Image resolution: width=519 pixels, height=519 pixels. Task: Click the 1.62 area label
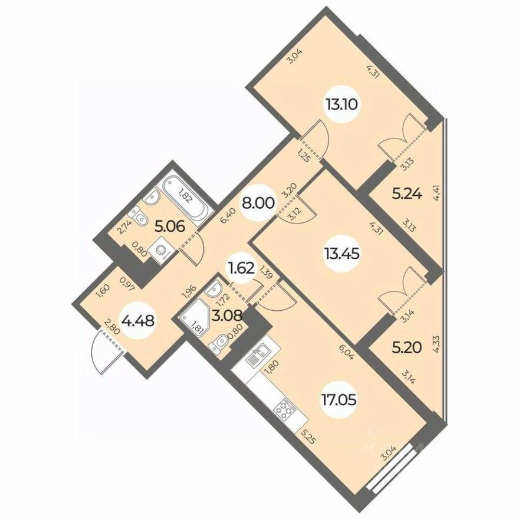(242, 270)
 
